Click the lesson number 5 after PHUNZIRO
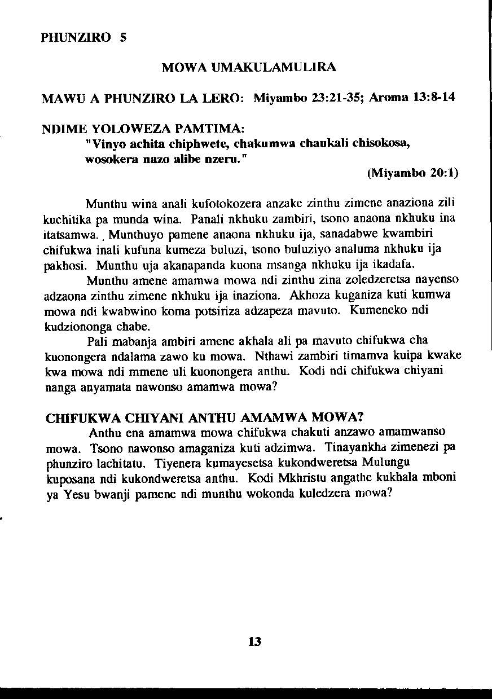pyautogui.click(x=123, y=38)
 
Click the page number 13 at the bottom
pyautogui.click(x=254, y=641)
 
